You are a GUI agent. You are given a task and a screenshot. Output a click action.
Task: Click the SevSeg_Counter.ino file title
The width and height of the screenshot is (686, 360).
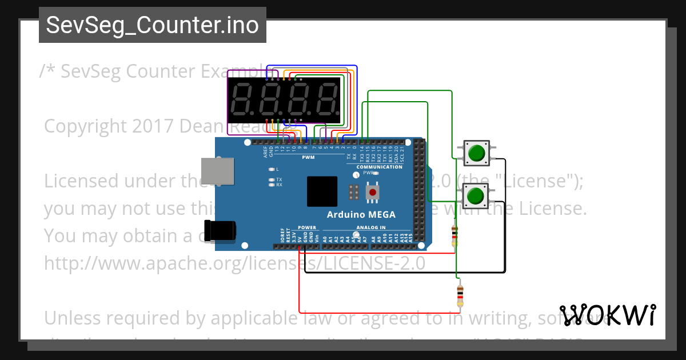(152, 26)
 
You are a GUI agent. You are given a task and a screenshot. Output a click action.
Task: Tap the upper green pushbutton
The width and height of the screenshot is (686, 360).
(476, 153)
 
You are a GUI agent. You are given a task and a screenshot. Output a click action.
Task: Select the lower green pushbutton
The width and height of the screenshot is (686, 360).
(474, 197)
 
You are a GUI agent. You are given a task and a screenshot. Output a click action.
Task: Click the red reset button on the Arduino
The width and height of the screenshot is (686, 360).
(373, 191)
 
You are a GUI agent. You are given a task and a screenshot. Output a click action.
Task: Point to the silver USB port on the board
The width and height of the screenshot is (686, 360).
(218, 171)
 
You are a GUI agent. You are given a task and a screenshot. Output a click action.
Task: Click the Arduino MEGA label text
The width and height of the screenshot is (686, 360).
(361, 215)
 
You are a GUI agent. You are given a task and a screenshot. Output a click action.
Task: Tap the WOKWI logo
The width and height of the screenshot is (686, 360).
(607, 315)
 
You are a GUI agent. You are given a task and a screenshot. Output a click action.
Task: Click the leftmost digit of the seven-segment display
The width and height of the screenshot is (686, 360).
(242, 99)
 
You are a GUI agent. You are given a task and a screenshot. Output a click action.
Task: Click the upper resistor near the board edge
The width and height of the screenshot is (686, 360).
(454, 234)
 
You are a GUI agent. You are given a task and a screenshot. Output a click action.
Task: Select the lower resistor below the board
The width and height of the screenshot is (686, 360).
(460, 296)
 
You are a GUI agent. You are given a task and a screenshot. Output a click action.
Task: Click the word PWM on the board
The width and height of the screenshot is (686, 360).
(308, 157)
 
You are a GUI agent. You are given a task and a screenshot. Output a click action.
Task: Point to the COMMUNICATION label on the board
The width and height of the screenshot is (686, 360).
(380, 167)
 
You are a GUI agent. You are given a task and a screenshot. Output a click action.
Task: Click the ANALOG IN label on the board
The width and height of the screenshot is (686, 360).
(371, 227)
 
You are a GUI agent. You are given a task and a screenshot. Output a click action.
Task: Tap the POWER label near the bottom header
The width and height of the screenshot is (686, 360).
(307, 227)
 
